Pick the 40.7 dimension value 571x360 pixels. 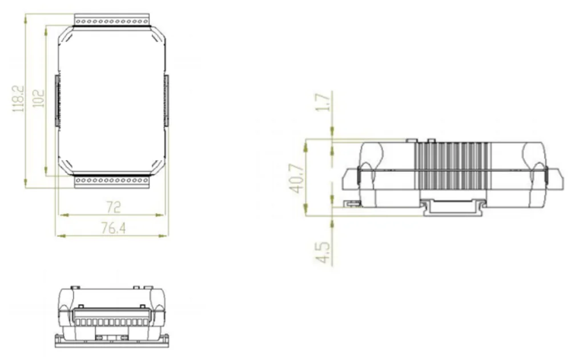[x=297, y=178]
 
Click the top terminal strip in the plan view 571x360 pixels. [x=112, y=21]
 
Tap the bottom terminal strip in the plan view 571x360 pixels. [x=112, y=181]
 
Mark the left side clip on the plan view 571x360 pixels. [x=57, y=101]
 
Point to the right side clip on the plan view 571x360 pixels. [x=167, y=101]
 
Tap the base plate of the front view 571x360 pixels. [x=112, y=341]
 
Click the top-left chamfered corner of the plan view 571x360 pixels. [x=64, y=35]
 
